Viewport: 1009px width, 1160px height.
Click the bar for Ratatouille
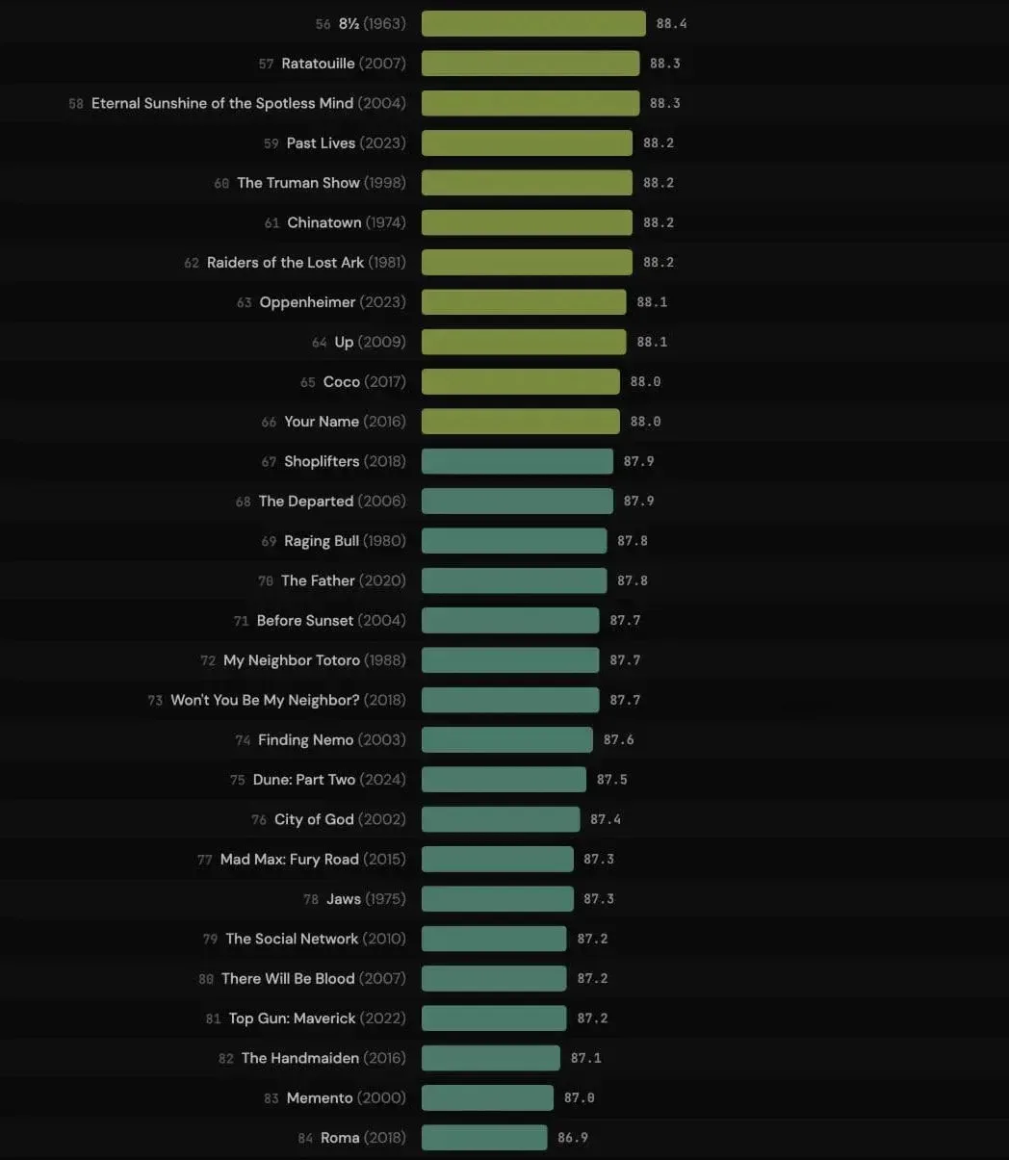point(530,64)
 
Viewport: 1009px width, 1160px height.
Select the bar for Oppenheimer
point(524,302)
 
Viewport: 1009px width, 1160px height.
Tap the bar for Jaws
point(497,899)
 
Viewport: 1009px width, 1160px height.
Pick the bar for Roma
point(484,1138)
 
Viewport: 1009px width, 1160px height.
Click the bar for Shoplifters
point(517,461)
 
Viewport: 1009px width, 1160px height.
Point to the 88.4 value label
point(671,23)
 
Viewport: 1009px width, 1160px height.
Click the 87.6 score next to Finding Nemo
point(618,739)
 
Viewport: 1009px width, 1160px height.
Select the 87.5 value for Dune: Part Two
point(611,780)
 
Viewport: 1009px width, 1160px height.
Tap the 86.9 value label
point(573,1138)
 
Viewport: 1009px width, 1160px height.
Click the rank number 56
point(323,24)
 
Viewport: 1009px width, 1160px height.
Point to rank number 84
point(305,1139)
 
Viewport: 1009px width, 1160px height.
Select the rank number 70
point(266,581)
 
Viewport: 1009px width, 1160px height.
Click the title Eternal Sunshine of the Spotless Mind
point(222,103)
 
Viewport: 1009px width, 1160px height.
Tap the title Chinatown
point(324,222)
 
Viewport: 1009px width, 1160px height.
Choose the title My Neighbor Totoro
point(292,660)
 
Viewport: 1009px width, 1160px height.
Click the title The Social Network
point(292,939)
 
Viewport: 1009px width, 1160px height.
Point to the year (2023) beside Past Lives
point(383,142)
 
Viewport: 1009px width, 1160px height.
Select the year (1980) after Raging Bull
point(384,541)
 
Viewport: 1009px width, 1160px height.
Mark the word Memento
point(320,1097)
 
